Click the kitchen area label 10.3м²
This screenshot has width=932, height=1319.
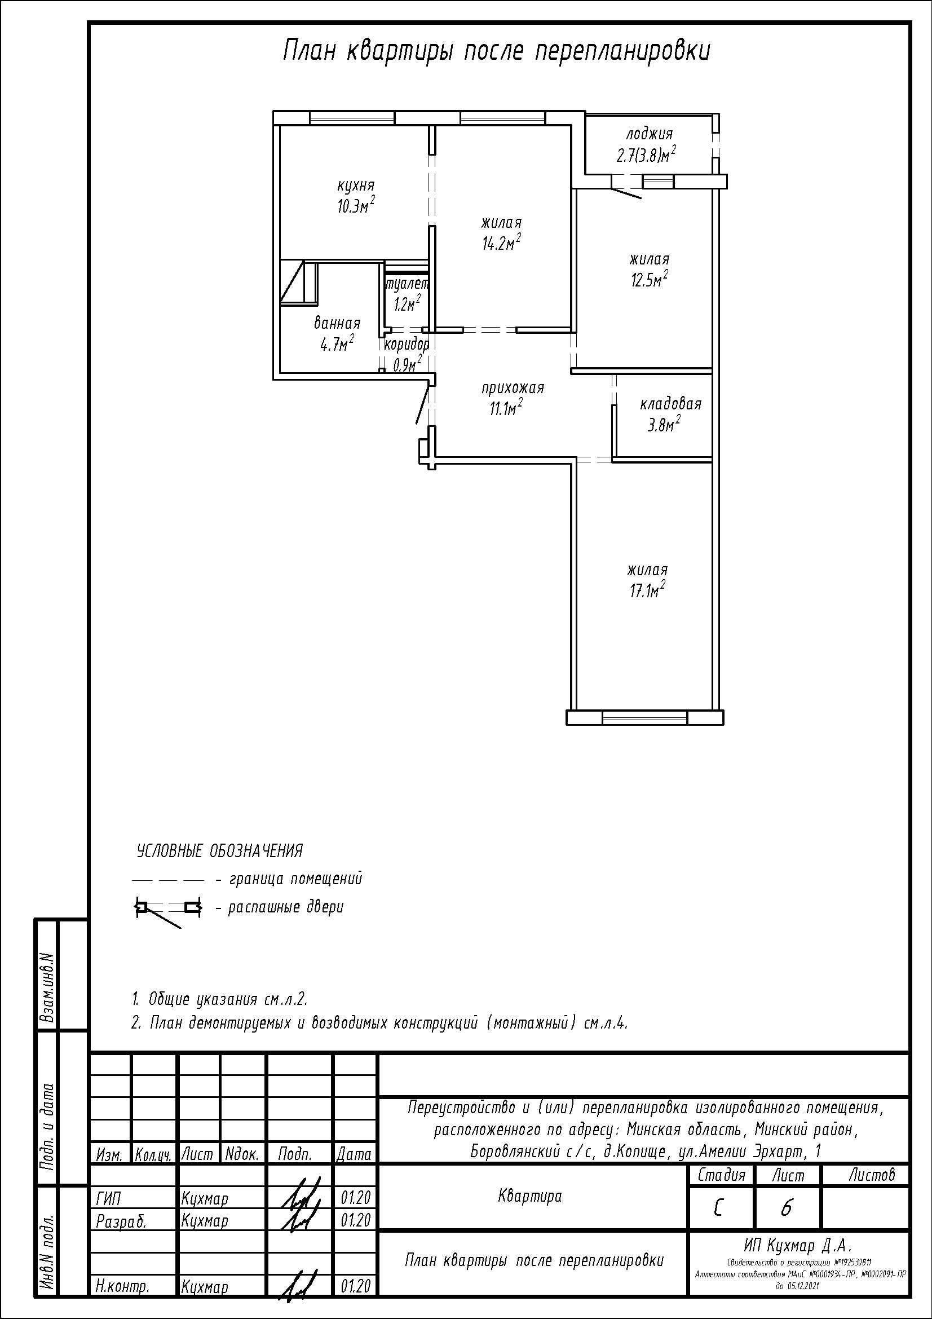click(x=356, y=205)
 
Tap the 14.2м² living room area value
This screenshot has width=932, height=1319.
click(x=501, y=242)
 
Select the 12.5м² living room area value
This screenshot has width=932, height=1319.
click(x=650, y=279)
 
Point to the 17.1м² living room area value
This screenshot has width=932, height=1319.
click(x=647, y=589)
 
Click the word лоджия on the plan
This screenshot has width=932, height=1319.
click(x=649, y=134)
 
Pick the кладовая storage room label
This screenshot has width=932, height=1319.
click(x=671, y=403)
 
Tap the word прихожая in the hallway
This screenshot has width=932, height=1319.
click(x=512, y=389)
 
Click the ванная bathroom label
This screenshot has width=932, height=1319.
click(x=337, y=323)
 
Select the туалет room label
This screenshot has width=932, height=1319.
click(x=407, y=284)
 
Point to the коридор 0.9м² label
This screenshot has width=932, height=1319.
click(x=407, y=354)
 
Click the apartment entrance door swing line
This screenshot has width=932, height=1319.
click(x=422, y=404)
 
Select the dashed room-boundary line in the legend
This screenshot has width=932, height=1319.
click(x=167, y=880)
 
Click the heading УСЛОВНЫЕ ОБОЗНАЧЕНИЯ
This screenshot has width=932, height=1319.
click(x=219, y=851)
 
